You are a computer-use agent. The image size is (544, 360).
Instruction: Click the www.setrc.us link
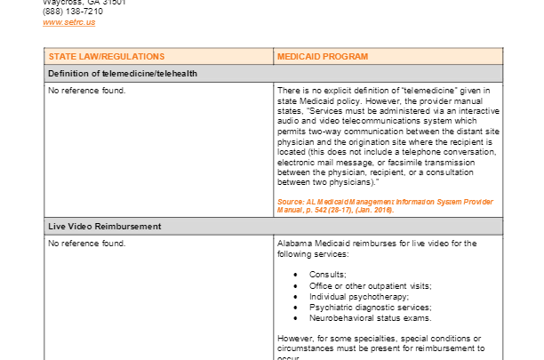tap(68, 22)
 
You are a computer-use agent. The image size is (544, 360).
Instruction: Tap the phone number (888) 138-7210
tap(71, 12)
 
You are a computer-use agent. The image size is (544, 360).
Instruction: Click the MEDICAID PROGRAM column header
tap(323, 56)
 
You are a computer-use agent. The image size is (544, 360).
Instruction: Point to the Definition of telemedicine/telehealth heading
tap(123, 73)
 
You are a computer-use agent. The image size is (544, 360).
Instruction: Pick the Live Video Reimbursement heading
tap(105, 227)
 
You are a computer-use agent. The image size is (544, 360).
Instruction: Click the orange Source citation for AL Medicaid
tap(384, 206)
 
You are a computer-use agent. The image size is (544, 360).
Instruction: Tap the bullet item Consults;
tap(328, 274)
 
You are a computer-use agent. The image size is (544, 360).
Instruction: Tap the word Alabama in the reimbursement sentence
tap(294, 243)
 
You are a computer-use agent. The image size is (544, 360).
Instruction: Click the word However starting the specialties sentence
tap(295, 338)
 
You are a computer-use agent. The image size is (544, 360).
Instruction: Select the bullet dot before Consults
tap(295, 274)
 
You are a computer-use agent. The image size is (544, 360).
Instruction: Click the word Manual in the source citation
tap(292, 211)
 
